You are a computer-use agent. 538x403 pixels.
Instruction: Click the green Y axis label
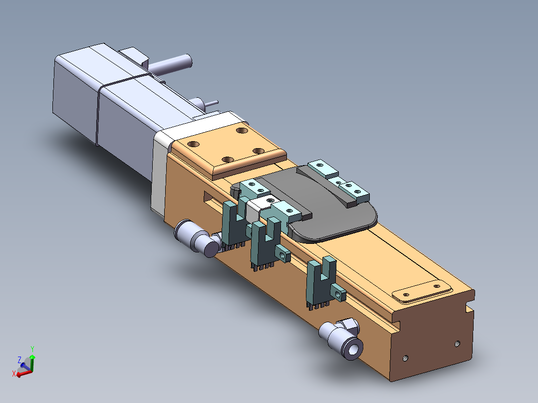coord(32,349)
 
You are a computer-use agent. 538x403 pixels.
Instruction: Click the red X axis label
coord(14,374)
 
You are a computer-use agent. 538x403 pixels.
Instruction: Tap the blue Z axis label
coord(19,360)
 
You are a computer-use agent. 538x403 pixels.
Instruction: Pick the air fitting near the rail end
coord(341,338)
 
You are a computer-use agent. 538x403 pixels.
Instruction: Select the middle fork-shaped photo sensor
coord(268,242)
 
